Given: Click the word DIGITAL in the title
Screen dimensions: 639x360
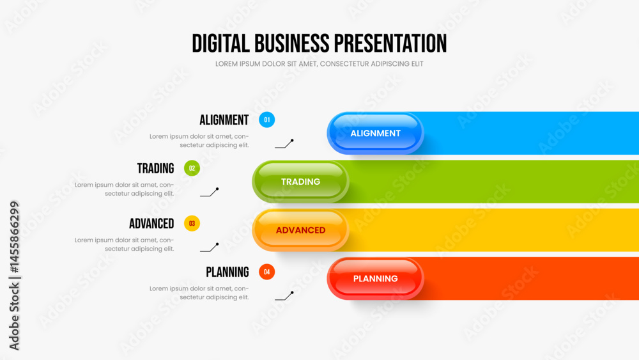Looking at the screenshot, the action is (220, 43).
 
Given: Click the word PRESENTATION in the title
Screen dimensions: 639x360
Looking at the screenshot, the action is (390, 43).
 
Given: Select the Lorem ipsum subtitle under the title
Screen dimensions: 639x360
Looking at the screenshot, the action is (319, 64).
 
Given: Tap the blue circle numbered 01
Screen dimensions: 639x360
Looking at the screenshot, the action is (267, 120).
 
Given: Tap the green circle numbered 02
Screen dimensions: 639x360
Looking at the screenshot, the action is (192, 168).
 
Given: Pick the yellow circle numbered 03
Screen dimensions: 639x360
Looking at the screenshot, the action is (192, 223).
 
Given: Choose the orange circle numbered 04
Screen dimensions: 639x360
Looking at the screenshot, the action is (267, 272).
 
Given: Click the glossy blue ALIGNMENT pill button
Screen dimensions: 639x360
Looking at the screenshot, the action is (375, 133).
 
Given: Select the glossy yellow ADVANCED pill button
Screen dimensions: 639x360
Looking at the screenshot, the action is (300, 230).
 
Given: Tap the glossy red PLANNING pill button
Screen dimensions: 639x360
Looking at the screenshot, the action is (375, 278).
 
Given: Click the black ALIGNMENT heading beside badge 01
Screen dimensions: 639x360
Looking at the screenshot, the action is (224, 120).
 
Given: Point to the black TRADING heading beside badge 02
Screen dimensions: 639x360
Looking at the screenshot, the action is (156, 168).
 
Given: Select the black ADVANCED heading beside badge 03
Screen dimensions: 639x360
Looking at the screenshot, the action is (151, 224).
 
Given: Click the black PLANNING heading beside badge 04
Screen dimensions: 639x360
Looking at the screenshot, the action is (227, 272).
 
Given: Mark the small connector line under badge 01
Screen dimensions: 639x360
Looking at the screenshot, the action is (284, 144).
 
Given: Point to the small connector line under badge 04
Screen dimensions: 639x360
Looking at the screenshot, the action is (284, 296).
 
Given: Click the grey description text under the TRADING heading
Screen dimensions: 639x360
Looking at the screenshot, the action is (125, 189).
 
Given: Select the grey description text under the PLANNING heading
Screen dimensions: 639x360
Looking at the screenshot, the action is (199, 293).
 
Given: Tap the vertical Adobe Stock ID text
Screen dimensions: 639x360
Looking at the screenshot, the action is (14, 276).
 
